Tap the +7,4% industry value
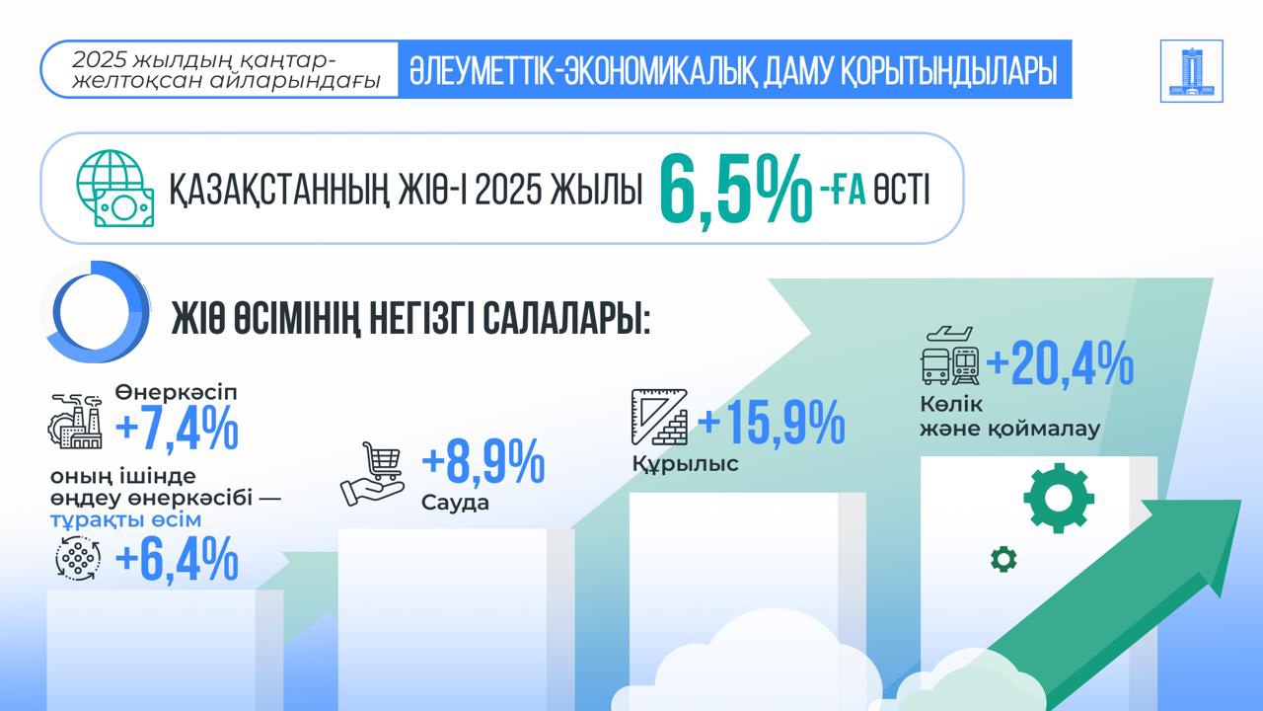pos(178,430)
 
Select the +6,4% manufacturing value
pos(178,560)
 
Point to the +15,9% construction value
pos(771,423)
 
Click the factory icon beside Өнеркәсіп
pos(76,422)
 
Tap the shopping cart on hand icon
pos(372,474)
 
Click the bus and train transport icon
pos(948,355)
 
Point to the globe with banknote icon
pos(115,189)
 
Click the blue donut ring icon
pos(95,311)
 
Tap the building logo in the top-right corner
pos(1192,71)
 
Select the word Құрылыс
pos(685,464)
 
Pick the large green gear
pos(1058,498)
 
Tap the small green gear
pos(1003,559)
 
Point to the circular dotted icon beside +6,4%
pos(79,559)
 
